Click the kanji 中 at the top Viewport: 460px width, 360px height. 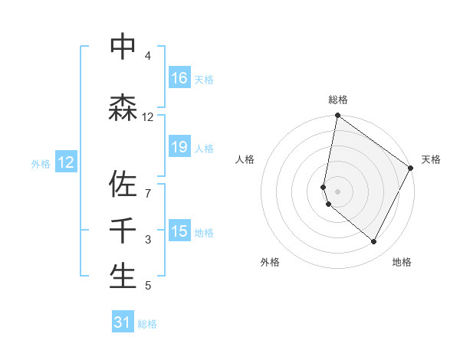coord(123,47)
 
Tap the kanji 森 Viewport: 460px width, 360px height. coord(123,107)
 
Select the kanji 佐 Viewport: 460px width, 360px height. coord(123,183)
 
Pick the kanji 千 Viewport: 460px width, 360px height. coord(123,231)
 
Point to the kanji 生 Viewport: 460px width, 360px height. coord(123,277)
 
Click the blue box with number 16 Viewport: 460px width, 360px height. coord(179,78)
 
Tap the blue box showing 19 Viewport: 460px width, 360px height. coord(179,147)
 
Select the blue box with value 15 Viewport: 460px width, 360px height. coord(179,231)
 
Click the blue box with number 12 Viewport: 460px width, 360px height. coord(66,162)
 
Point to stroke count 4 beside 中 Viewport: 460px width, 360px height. coord(147,56)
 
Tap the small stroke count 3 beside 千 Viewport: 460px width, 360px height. coord(147,240)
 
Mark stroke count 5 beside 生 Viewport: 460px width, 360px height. coord(147,286)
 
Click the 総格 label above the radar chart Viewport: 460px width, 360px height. coord(338,100)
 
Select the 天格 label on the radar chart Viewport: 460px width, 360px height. coord(431,159)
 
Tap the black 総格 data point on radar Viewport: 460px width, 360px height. coord(337,116)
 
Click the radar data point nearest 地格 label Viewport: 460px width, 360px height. coord(374,242)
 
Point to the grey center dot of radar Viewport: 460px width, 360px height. coord(337,191)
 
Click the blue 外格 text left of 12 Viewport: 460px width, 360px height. coord(40,163)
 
